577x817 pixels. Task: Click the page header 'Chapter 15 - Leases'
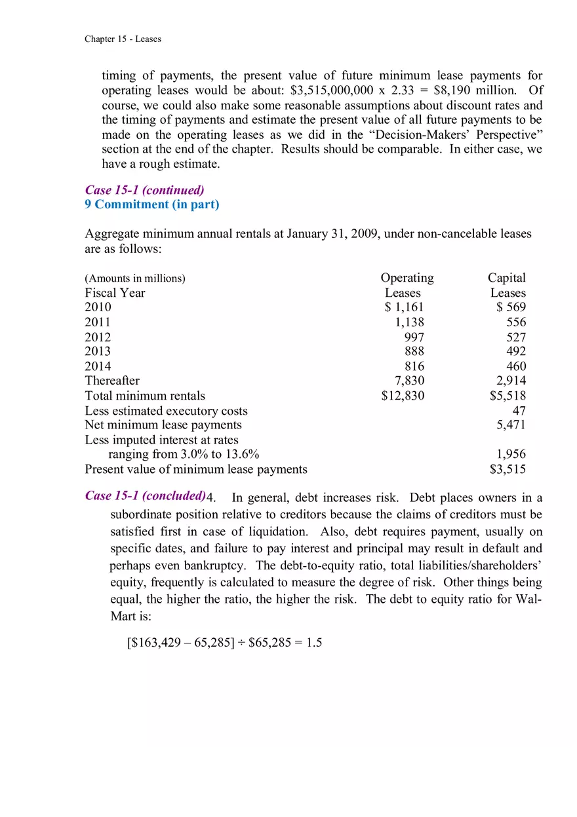[x=123, y=39]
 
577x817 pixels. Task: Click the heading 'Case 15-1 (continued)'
[x=144, y=190]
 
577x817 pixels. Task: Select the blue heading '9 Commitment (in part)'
[x=152, y=204]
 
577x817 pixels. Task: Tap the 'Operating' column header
[x=407, y=278]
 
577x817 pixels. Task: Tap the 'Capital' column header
[x=506, y=278]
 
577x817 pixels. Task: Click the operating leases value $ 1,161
[x=404, y=307]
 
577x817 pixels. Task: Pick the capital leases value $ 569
[x=511, y=307]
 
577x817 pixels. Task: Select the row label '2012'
[x=98, y=337]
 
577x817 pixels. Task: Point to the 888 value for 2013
[x=414, y=352]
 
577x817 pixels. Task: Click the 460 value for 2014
[x=516, y=367]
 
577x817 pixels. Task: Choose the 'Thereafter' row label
[x=112, y=381]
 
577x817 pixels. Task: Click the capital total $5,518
[x=507, y=396]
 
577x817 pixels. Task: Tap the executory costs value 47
[x=519, y=411]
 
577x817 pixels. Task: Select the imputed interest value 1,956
[x=511, y=455]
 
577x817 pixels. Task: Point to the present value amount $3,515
[x=507, y=469]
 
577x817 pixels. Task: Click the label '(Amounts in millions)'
[x=135, y=278]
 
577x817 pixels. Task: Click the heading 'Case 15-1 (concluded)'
[x=144, y=496]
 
